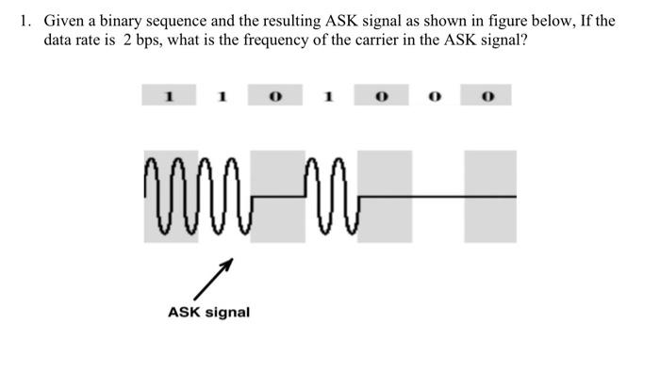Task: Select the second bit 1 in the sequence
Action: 223,95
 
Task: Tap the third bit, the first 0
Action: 276,95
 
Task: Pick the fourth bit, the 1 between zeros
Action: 330,95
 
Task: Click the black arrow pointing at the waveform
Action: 214,280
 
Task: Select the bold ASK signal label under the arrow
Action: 208,312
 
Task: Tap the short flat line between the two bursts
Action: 280,196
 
